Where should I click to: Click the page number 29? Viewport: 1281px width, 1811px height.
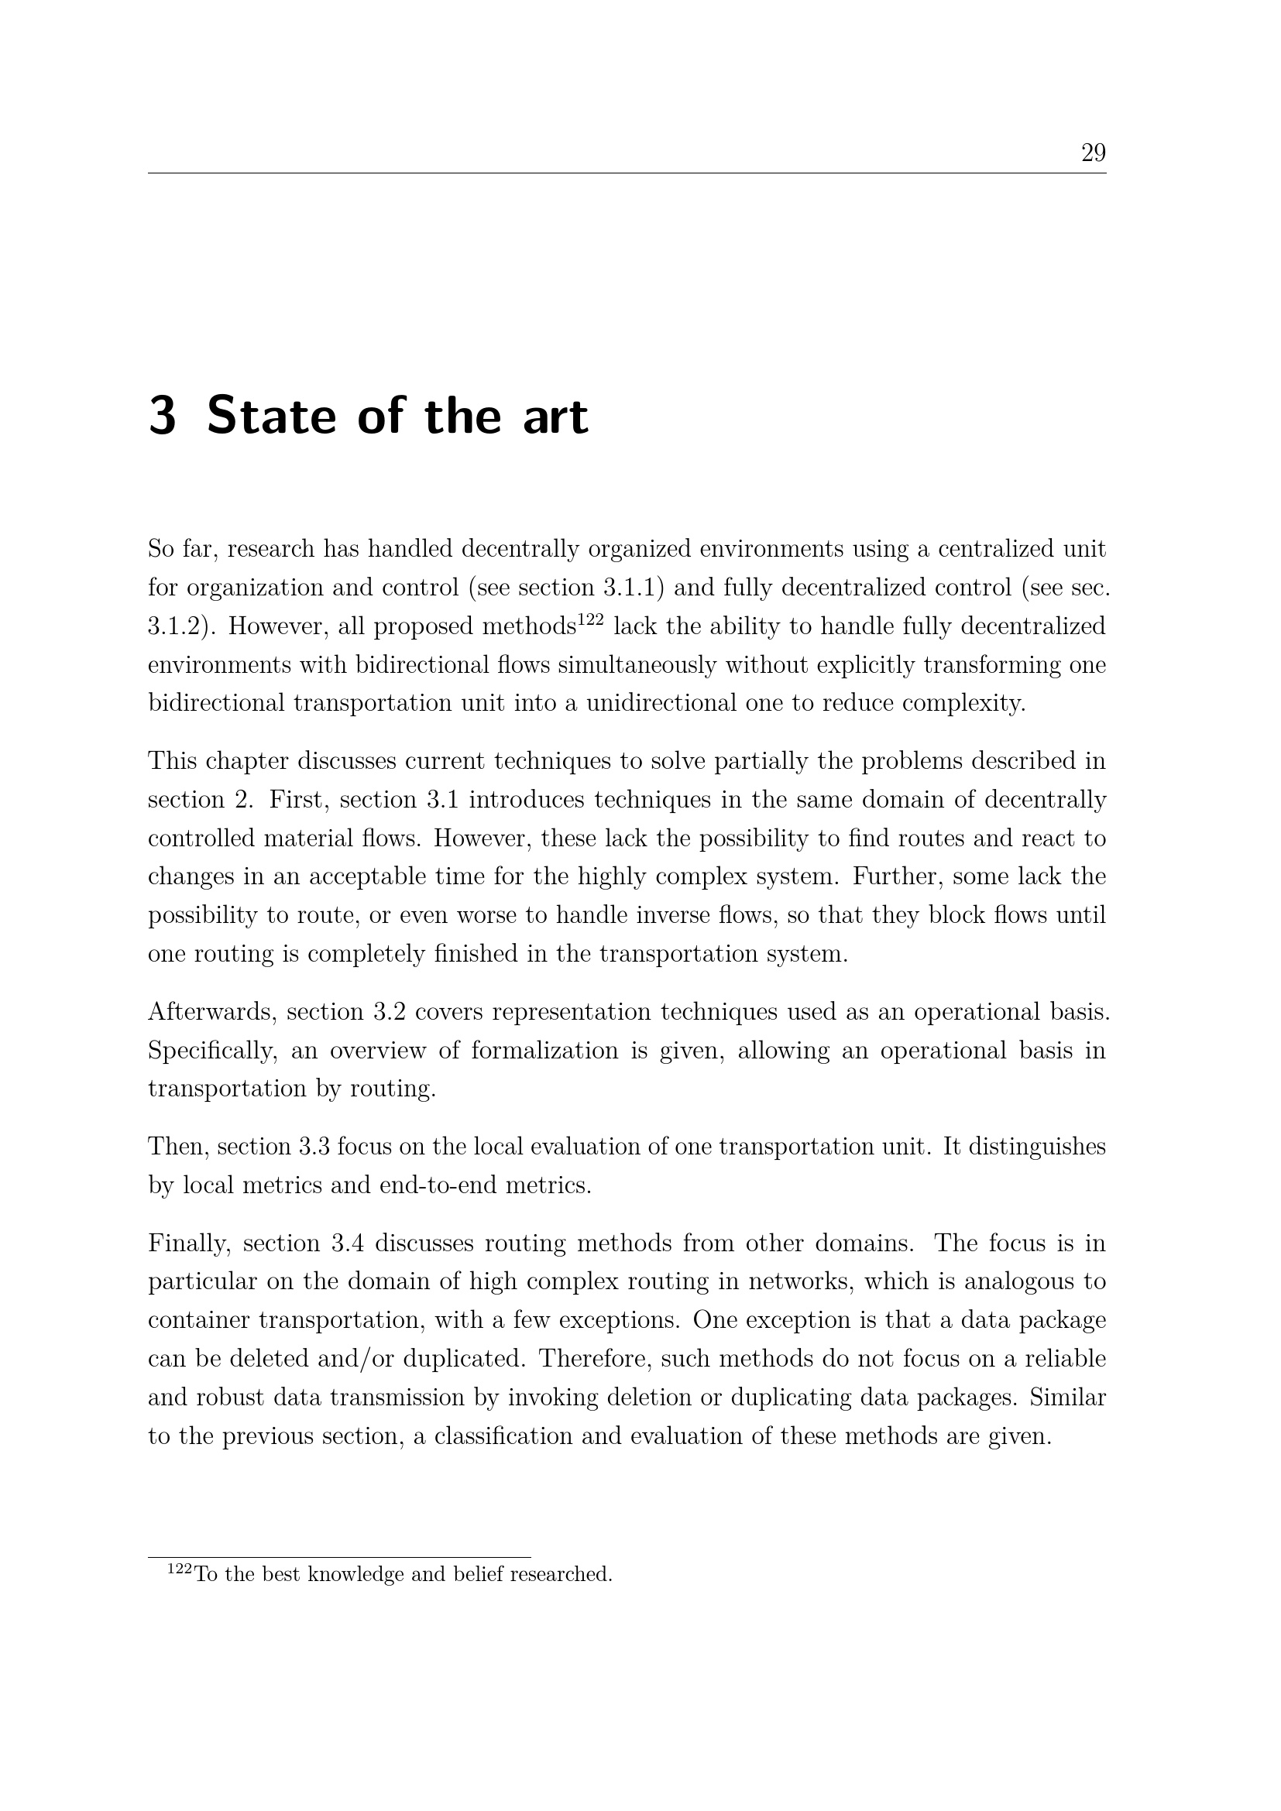[1094, 153]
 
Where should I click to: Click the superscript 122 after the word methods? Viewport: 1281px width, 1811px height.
[591, 620]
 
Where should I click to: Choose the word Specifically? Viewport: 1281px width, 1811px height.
[213, 1051]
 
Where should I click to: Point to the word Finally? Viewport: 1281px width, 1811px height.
[189, 1243]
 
